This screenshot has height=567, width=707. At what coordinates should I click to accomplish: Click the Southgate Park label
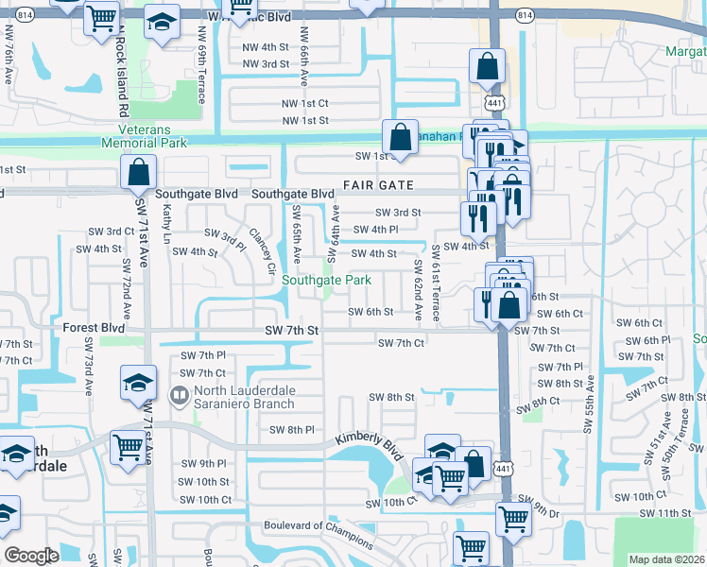(x=326, y=281)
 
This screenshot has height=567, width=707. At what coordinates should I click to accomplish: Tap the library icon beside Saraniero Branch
(x=178, y=393)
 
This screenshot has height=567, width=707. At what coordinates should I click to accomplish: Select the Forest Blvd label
(x=94, y=329)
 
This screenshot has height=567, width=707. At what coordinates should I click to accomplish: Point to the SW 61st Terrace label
(x=436, y=282)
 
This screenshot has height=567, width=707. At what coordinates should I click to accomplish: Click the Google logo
(x=31, y=556)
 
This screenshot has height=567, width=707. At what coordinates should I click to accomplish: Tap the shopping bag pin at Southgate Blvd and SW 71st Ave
(x=138, y=174)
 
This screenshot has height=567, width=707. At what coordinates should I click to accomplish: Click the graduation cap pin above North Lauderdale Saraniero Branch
(x=139, y=384)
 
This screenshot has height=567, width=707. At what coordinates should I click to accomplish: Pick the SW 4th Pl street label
(x=375, y=230)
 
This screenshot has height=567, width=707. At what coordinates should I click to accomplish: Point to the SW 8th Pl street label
(x=291, y=430)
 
